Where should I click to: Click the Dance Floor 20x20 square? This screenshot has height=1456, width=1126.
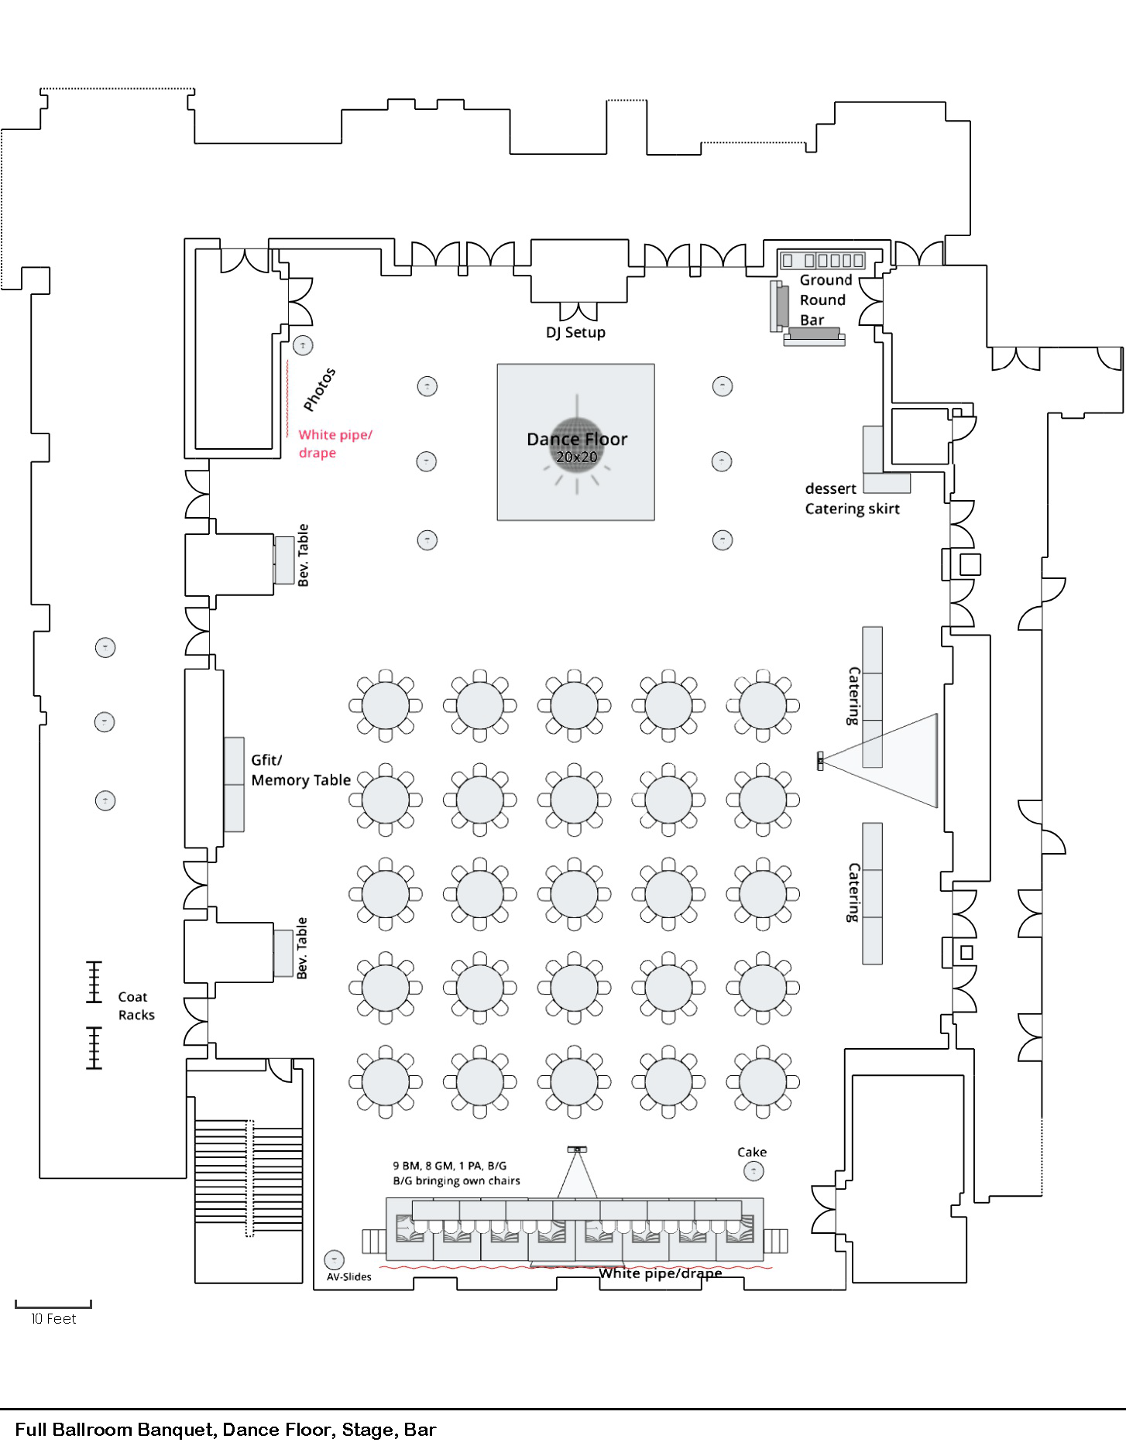[575, 442]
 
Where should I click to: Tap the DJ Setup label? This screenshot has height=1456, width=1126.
[575, 333]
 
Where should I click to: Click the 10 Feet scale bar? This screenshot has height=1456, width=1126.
[53, 1305]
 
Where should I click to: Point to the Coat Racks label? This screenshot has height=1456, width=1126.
[136, 1006]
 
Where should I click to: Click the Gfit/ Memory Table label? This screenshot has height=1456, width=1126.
[300, 770]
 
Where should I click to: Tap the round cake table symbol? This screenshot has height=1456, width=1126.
[754, 1171]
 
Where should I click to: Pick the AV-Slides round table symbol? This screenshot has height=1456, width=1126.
[334, 1259]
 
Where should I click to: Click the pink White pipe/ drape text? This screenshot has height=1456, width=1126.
[335, 444]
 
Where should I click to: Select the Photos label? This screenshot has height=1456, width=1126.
[319, 389]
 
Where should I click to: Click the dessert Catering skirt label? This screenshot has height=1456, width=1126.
[851, 498]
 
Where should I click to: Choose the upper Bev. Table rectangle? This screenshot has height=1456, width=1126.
[284, 559]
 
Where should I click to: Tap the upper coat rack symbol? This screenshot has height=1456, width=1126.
[94, 982]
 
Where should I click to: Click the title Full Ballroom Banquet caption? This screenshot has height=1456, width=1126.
[225, 1430]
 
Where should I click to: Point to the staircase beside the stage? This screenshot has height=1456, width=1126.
[249, 1177]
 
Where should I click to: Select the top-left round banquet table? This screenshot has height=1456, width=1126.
[386, 705]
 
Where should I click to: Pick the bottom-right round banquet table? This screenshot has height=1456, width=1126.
[763, 1081]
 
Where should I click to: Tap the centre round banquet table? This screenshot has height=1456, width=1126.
[574, 893]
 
